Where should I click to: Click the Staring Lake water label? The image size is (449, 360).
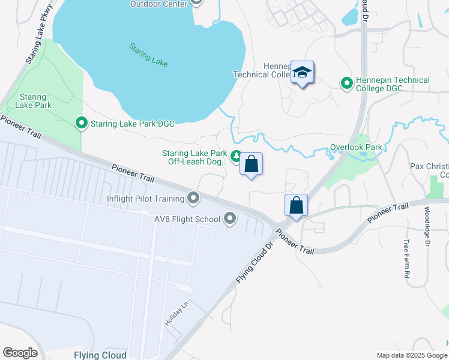point(148,55)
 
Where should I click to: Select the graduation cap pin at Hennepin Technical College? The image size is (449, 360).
point(303,73)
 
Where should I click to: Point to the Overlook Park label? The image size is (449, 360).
point(356,147)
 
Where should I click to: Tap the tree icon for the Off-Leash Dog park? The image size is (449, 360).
point(237,156)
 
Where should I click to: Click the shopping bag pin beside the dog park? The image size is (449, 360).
point(252,164)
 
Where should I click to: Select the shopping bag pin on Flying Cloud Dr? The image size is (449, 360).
point(296,205)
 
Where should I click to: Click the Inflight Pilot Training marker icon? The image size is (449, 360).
point(193,197)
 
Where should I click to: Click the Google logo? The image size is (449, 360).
point(20,353)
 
